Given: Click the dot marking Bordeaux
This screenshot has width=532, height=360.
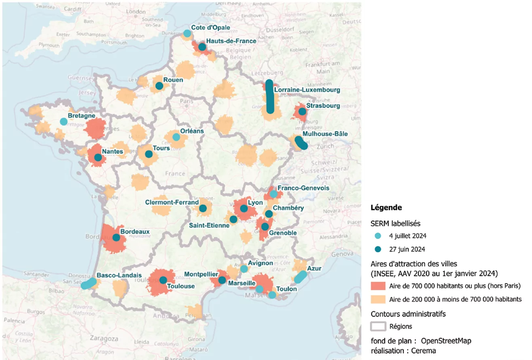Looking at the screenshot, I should tap(117, 237).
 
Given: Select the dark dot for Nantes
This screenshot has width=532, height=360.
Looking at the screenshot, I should tap(98, 158).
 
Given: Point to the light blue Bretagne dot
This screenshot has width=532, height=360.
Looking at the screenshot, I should tap(64, 121).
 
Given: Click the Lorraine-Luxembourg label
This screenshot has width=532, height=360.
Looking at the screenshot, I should tap(307, 90).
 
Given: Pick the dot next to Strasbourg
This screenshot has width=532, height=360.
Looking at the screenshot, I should tap(302, 111).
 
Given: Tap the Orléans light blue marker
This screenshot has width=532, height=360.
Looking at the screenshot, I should tap(176, 137).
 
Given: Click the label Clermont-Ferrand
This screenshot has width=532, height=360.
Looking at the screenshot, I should tap(173, 202).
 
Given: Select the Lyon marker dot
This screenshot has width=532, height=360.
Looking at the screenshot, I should tap(244, 209).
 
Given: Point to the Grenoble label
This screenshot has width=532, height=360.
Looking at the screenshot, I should tap(282, 233).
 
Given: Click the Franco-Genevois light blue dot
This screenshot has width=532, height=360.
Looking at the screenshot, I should tap(274, 194).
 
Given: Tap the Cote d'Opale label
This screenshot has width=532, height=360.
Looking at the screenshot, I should tap(211, 28).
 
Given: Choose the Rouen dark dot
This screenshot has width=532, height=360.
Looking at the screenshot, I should tap(159, 86).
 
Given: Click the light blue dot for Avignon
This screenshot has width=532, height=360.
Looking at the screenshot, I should tap(244, 269).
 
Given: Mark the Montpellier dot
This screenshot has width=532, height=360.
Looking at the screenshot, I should tap(222, 280).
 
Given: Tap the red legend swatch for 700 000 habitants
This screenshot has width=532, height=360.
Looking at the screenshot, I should tap(378, 286).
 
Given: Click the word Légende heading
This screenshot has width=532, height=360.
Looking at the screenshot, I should tap(386, 208).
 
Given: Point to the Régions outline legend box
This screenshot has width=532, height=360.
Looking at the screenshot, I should tap(378, 326).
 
